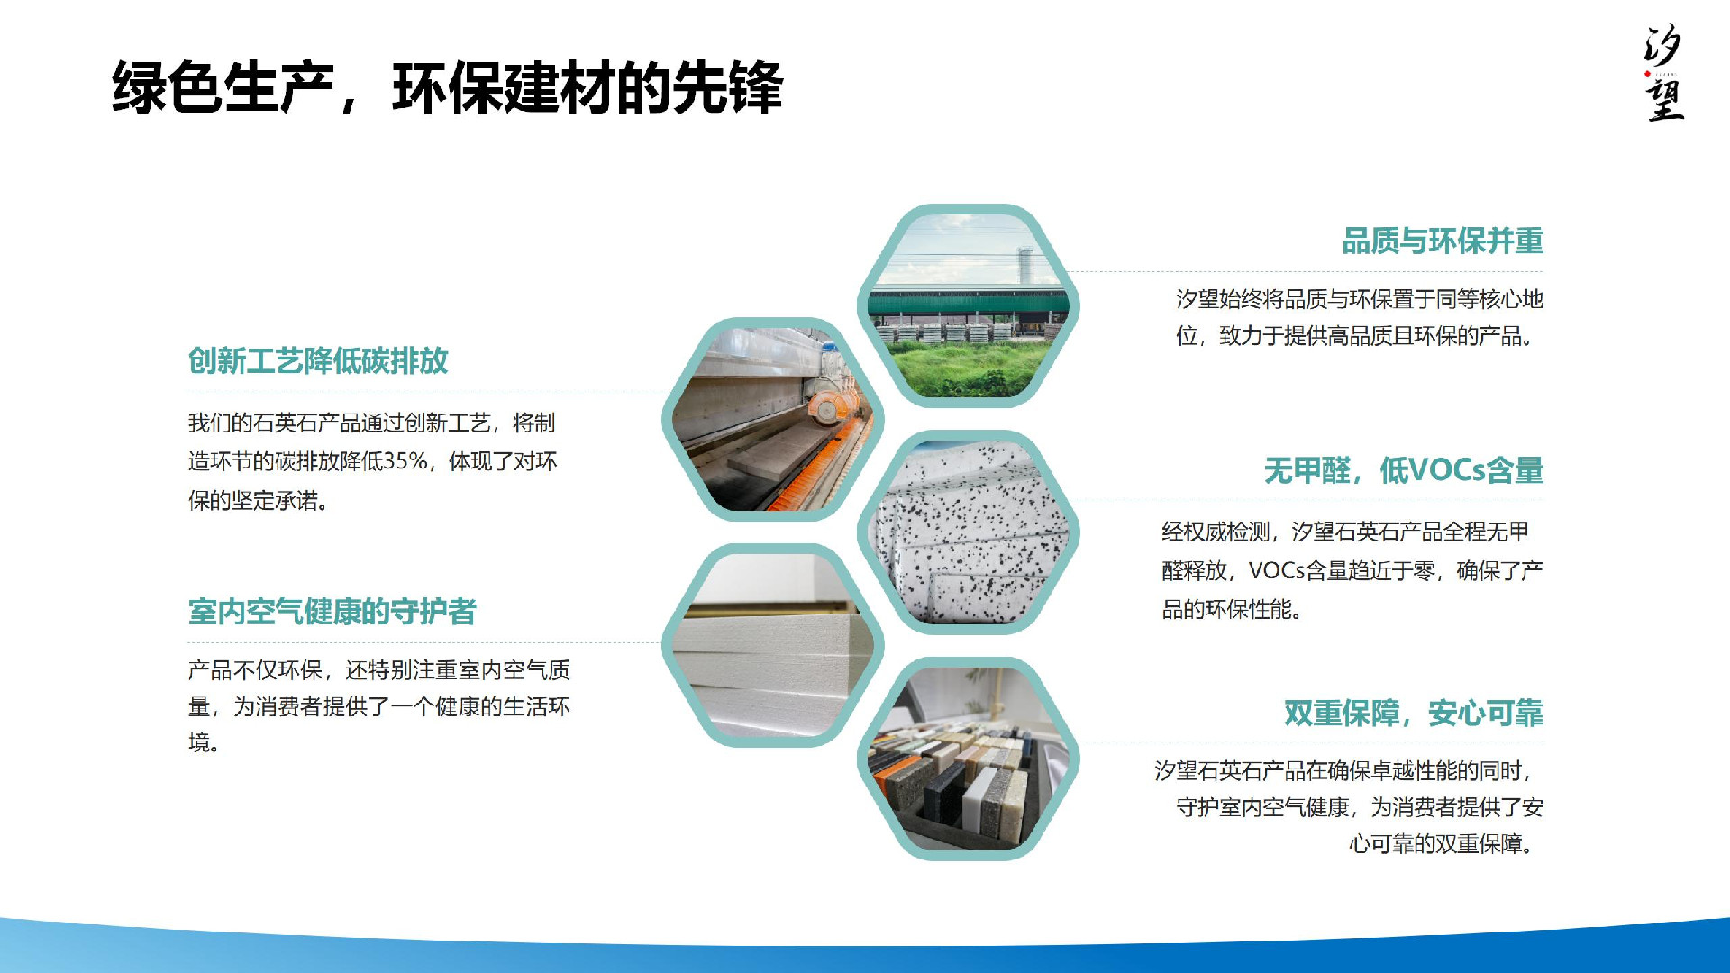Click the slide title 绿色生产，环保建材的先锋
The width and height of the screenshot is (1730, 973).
click(448, 88)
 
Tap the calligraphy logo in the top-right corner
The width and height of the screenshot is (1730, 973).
click(1663, 72)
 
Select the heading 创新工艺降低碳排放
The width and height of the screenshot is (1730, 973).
click(318, 361)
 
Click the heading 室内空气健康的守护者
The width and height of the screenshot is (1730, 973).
click(332, 612)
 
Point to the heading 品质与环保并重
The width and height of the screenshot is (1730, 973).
click(1443, 241)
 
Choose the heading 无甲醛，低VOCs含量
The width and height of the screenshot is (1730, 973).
click(1404, 470)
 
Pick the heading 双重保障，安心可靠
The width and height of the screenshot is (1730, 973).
click(1414, 714)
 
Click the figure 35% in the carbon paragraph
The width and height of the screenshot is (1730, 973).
click(405, 461)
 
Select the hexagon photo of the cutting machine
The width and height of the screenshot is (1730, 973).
click(773, 420)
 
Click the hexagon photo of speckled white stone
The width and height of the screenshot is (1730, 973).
click(969, 532)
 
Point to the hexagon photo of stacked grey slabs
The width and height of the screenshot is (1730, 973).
click(773, 646)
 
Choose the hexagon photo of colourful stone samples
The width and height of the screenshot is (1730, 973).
click(969, 759)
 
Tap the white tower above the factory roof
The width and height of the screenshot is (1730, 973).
click(1024, 266)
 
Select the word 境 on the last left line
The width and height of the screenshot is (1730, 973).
click(198, 743)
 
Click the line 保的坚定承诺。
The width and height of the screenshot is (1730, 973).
click(258, 501)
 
